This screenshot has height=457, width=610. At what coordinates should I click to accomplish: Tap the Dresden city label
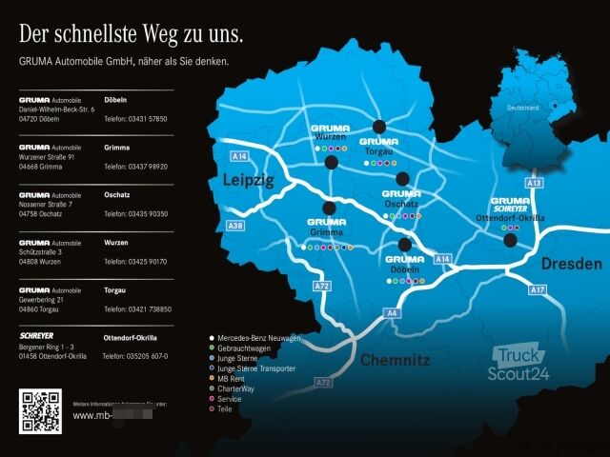tap(572, 264)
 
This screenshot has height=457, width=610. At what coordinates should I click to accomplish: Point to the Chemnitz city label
tap(395, 361)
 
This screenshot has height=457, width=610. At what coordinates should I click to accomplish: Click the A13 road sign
tap(535, 182)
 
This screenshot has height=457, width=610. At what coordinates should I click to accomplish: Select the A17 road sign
tap(538, 289)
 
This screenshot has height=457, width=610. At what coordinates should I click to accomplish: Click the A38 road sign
tap(235, 226)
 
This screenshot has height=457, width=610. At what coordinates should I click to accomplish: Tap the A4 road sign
tap(393, 313)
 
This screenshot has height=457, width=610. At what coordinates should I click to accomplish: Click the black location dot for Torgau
tap(380, 126)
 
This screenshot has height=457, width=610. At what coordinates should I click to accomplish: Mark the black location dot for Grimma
tap(330, 208)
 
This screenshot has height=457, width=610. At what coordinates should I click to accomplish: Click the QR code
tap(40, 411)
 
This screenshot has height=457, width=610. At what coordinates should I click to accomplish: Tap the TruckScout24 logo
tap(518, 365)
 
